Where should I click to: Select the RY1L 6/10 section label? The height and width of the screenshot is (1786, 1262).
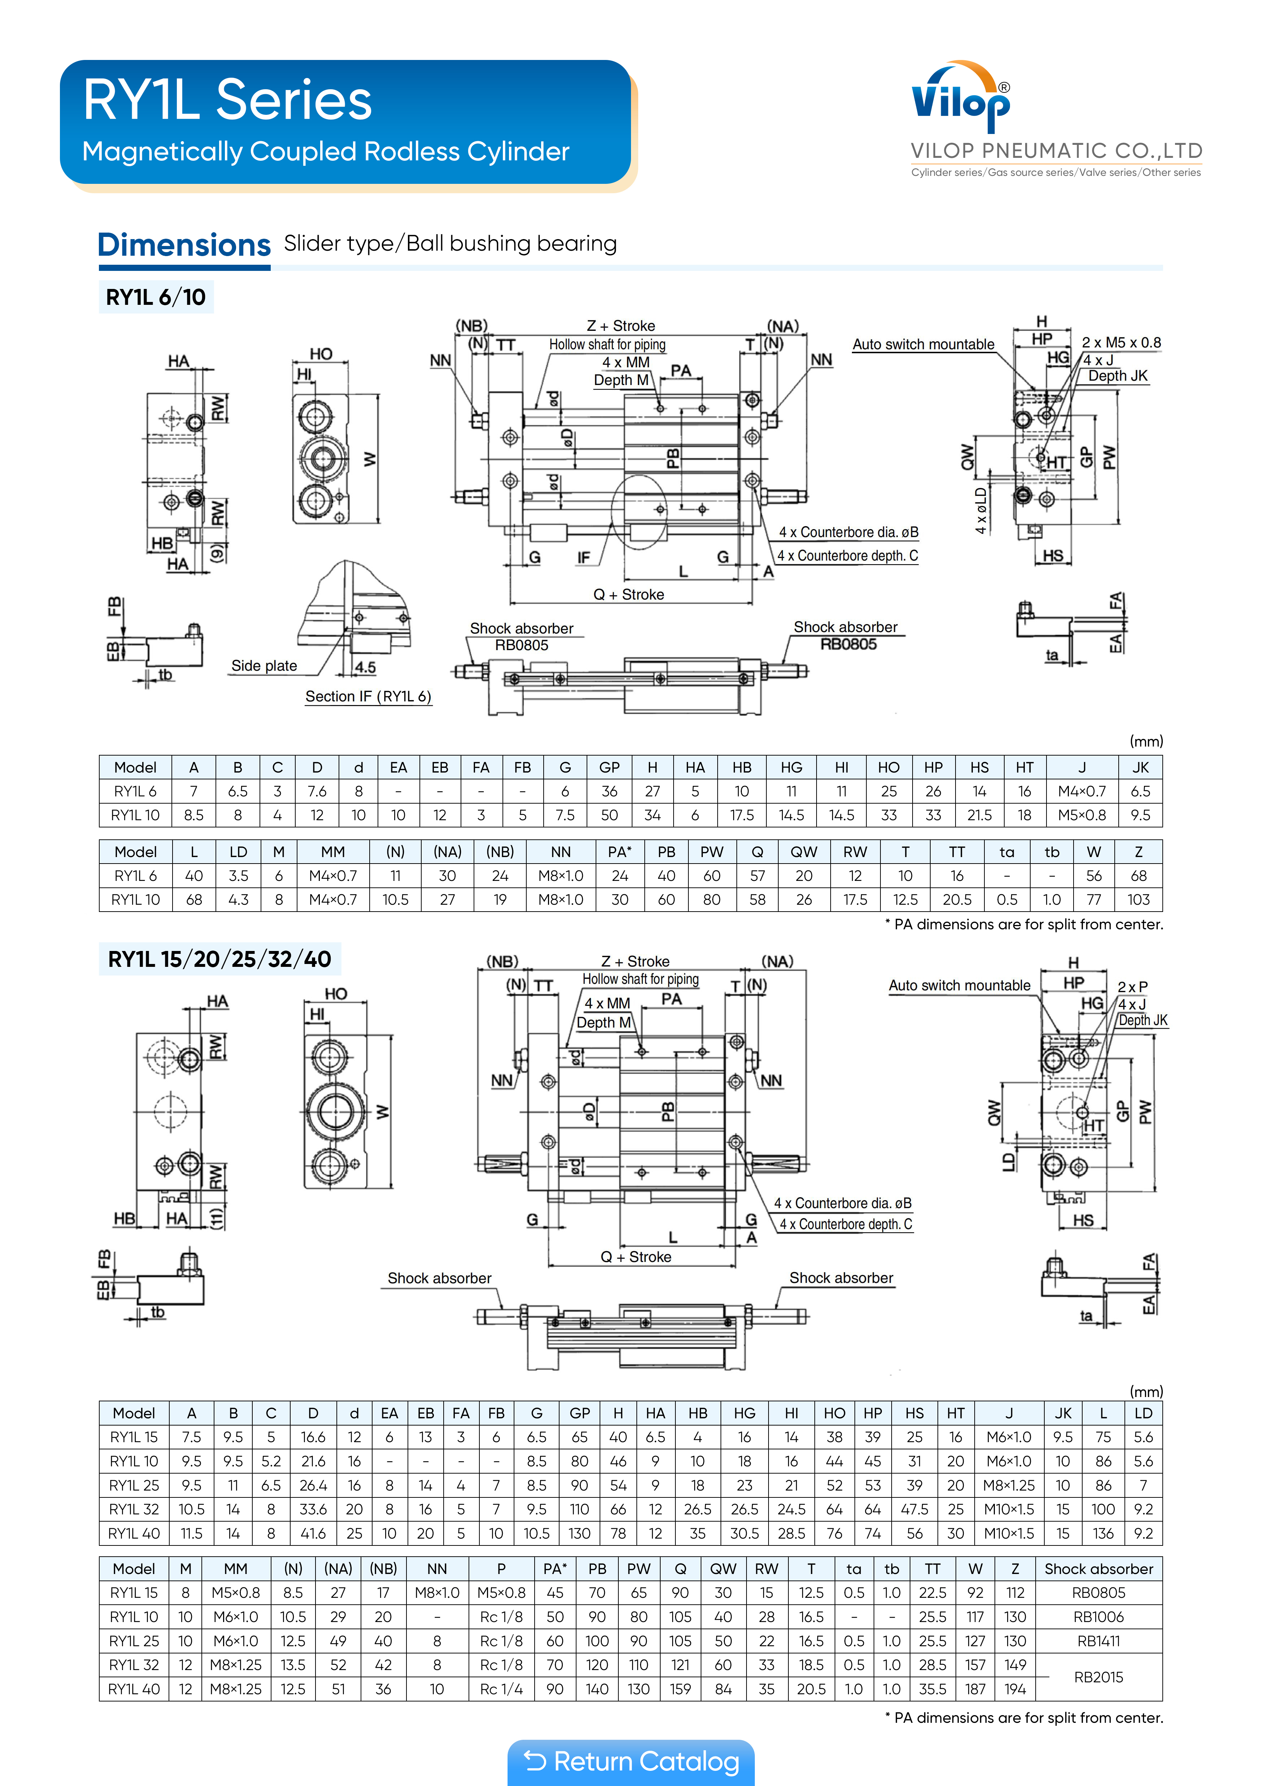tap(156, 297)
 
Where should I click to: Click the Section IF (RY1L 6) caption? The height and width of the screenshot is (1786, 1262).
tap(368, 696)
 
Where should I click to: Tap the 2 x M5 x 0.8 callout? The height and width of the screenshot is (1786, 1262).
tap(1120, 342)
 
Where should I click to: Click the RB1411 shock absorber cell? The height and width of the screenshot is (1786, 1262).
tap(1098, 1640)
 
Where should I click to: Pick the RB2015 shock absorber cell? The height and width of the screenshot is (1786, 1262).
tap(1098, 1677)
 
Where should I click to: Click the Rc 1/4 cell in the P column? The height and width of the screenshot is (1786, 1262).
tap(501, 1689)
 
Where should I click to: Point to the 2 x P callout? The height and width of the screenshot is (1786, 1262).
tap(1132, 986)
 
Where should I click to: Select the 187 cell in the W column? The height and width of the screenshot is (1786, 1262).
tap(975, 1689)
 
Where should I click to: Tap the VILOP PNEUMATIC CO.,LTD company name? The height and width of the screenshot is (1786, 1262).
tap(1056, 151)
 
